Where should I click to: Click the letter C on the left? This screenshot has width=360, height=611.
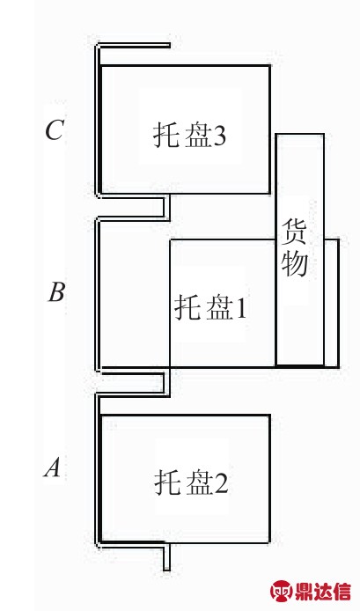[55, 129]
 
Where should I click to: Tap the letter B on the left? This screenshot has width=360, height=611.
[56, 292]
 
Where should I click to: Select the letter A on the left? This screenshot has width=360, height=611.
[53, 467]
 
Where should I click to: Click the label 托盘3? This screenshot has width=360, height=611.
[189, 136]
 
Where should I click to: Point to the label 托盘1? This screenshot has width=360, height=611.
[210, 308]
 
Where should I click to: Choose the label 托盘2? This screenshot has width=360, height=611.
[191, 482]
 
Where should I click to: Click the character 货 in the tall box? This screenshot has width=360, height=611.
[294, 231]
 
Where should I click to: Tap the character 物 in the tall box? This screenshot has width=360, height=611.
[295, 264]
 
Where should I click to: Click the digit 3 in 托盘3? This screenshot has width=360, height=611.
[220, 136]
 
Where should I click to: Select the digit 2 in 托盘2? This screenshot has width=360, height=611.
[221, 483]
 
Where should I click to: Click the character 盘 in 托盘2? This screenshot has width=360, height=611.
[199, 482]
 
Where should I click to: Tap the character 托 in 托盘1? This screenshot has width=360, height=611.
[187, 308]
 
